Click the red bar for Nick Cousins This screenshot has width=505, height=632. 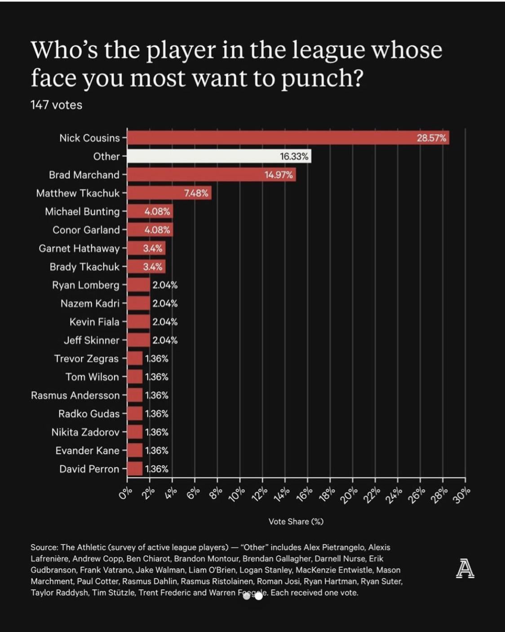coord(288,138)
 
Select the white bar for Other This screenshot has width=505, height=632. coord(219,156)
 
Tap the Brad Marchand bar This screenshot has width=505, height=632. coord(211,175)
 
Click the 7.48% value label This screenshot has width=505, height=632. coord(196,193)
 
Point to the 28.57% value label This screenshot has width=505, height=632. coord(431,138)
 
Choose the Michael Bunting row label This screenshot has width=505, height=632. coord(82,212)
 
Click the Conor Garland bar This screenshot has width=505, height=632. coord(150,230)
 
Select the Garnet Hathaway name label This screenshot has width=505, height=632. coord(79,248)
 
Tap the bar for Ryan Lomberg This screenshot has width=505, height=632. coord(138,285)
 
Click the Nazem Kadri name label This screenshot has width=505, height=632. coord(90,304)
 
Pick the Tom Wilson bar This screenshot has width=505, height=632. coord(135,377)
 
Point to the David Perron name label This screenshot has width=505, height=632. coord(89,469)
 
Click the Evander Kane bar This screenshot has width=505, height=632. coord(135,451)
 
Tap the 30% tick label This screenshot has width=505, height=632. coord(462,495)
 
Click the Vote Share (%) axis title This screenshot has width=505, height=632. coord(296,522)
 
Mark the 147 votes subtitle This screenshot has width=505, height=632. coord(56,105)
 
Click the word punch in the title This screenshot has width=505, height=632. coord(321,78)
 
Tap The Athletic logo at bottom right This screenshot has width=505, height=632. coord(465,569)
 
